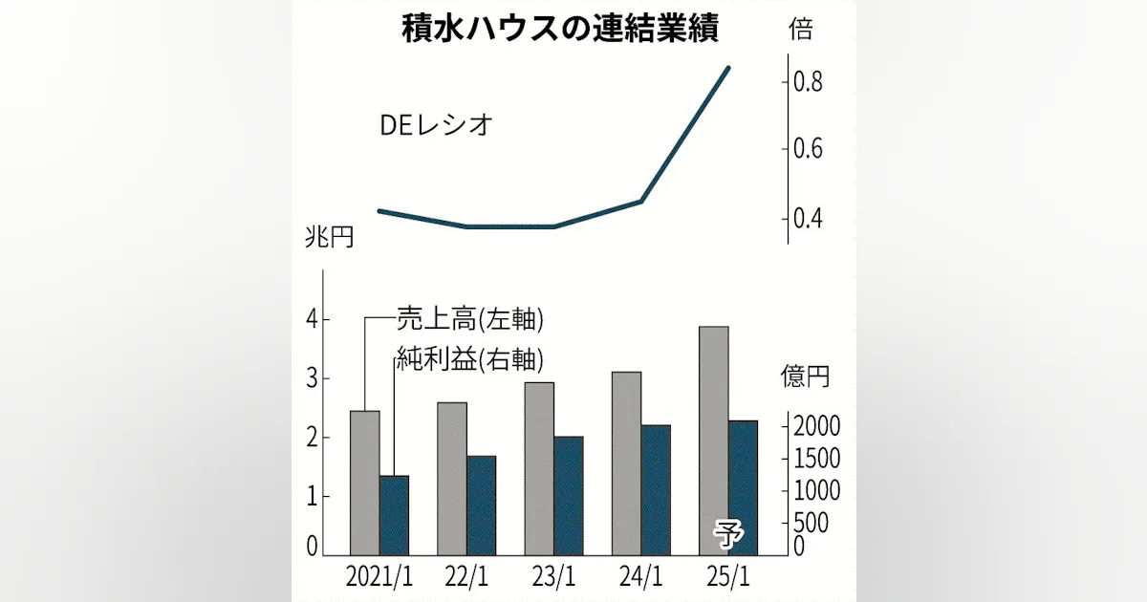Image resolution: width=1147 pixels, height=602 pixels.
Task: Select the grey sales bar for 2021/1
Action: [364, 483]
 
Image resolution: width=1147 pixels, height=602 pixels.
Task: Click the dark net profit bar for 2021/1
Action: [394, 515]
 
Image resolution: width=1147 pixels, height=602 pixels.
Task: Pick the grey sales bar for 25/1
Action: [713, 441]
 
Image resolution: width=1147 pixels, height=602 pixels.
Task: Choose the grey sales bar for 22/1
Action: [452, 478]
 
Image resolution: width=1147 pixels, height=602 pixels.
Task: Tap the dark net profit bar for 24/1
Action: [656, 489]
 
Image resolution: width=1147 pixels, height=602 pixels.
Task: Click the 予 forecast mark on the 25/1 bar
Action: [728, 535]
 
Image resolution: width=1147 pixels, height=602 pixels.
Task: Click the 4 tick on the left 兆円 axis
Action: [312, 320]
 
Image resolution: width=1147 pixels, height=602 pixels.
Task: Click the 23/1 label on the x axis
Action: [554, 579]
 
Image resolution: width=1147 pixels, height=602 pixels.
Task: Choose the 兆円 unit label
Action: [330, 237]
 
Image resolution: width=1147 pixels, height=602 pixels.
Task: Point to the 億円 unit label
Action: [805, 376]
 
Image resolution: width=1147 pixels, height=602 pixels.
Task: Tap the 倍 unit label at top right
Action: [800, 30]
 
